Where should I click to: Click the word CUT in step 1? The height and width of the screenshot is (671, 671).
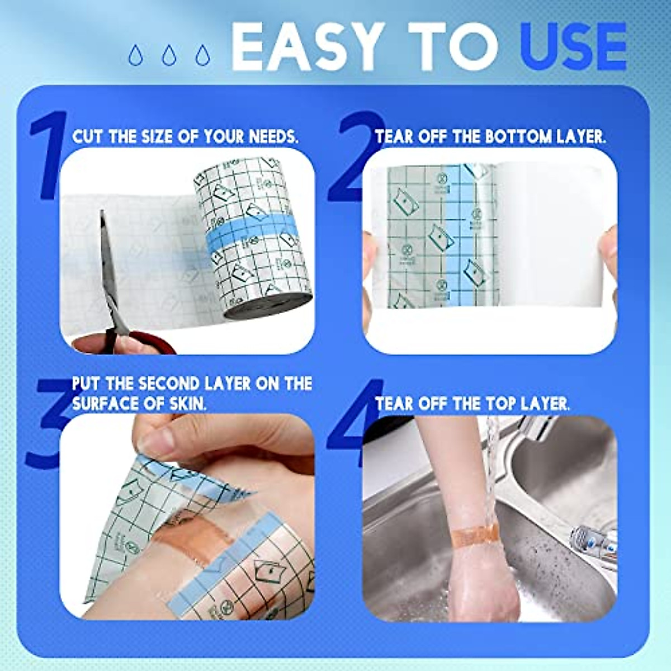[87, 137]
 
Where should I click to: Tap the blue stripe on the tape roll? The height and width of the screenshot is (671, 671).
[252, 235]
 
